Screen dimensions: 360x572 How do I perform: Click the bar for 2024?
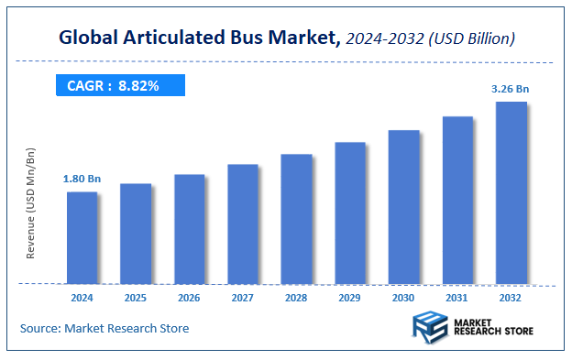(82, 237)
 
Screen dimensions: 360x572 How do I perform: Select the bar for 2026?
(189, 228)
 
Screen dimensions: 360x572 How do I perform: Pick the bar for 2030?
(403, 206)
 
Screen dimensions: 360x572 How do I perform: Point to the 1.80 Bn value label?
(82, 179)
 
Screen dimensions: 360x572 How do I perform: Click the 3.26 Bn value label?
(511, 89)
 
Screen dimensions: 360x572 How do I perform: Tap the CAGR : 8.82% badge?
(120, 86)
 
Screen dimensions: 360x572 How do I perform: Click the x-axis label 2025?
(136, 298)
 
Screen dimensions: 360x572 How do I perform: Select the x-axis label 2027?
(243, 298)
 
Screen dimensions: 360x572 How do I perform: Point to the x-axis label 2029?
(350, 298)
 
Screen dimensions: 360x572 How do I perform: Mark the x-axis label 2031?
(457, 298)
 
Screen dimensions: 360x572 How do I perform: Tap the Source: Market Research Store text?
(104, 328)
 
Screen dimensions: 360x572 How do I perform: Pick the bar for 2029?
(350, 213)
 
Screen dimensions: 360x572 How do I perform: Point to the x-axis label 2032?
(511, 298)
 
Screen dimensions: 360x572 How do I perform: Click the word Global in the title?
(89, 38)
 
